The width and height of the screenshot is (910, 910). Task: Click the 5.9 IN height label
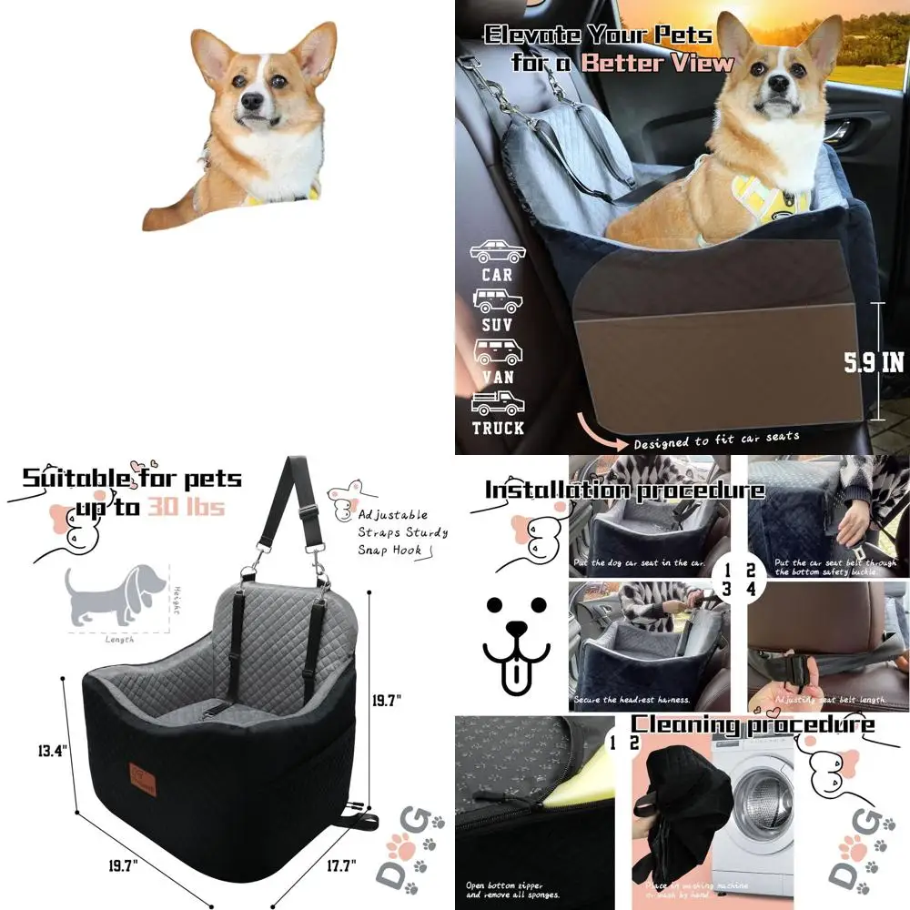coord(874,362)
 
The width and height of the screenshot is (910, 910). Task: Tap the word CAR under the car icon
coord(498,274)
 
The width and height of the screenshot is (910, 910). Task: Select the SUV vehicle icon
coord(497,301)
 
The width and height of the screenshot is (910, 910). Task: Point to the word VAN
coord(498,376)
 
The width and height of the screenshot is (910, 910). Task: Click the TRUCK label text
coord(498,427)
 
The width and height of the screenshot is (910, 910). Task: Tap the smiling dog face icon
coord(516,640)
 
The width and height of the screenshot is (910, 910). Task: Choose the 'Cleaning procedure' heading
coord(753,725)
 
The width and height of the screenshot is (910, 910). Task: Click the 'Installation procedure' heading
coord(624,490)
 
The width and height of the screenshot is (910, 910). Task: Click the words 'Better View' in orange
coord(657,63)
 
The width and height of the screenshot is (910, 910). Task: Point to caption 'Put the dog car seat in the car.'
coord(640,563)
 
